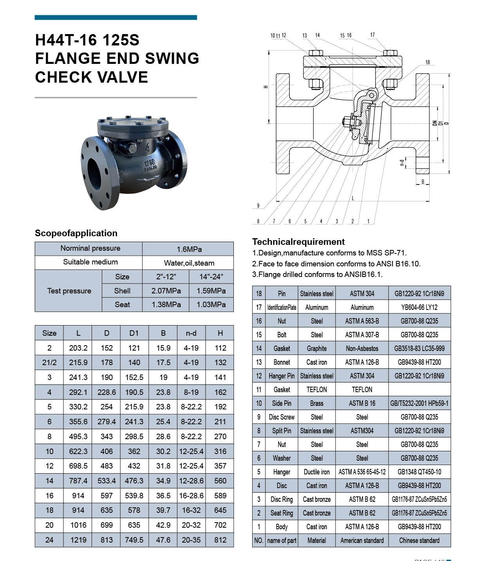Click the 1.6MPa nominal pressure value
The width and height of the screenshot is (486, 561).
pos(189,249)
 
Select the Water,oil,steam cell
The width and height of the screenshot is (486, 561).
pos(189,263)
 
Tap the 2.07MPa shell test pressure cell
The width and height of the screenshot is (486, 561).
pos(166,291)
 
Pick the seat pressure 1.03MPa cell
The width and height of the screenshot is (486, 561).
pos(211,304)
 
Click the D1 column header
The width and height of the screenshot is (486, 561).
pos(134,333)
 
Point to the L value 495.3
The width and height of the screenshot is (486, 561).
pos(78,436)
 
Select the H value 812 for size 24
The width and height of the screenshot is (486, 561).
pos(220,540)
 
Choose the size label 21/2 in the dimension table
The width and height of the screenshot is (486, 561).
pos(49,362)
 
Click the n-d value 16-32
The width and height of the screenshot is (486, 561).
pos(191,510)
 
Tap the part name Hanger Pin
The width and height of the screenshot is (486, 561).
pos(282,376)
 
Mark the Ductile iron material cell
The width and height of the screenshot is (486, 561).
pos(316,472)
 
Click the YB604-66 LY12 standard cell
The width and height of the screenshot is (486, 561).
pos(419,307)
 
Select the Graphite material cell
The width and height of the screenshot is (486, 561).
pos(316,348)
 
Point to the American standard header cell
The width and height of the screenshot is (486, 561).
pos(362,540)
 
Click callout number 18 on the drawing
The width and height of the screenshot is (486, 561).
pos(428,62)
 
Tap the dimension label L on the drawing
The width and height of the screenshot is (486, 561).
pos(353,198)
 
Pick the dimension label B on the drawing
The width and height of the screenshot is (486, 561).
pos(423,182)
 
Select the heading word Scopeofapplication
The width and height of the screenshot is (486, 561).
pos(76,233)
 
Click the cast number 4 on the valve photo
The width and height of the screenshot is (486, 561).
pos(148,148)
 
